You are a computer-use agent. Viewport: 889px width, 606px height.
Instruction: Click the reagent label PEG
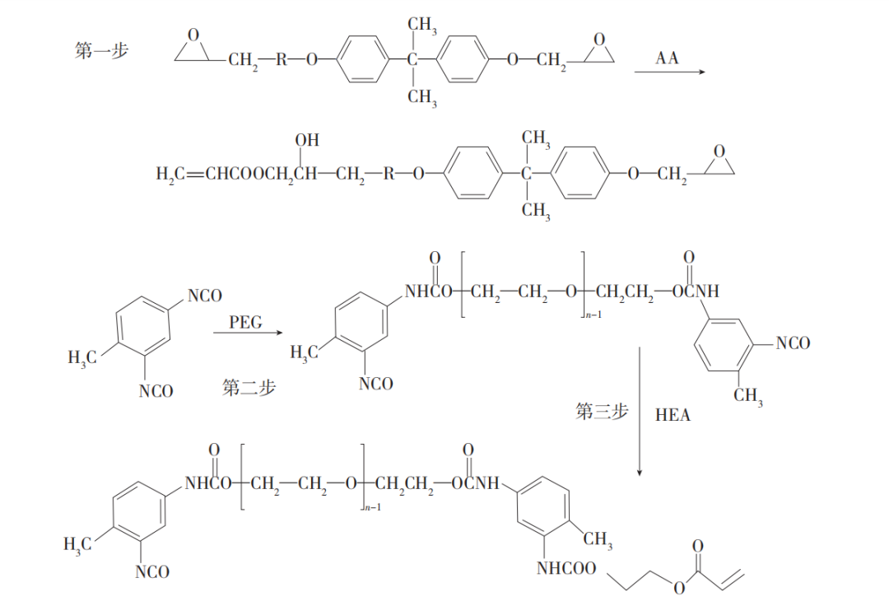[x=245, y=322]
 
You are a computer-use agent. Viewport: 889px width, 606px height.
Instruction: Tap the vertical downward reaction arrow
[x=640, y=412]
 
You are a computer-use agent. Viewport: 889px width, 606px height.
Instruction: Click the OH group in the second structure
[x=307, y=141]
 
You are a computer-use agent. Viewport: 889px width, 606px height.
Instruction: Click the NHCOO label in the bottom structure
[x=566, y=568]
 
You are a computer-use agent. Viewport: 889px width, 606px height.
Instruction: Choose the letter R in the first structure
[x=282, y=59]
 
